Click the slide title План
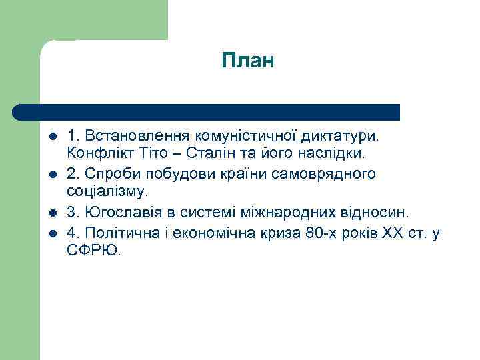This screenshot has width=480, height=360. (x=248, y=61)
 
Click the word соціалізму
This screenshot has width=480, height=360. (x=105, y=192)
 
